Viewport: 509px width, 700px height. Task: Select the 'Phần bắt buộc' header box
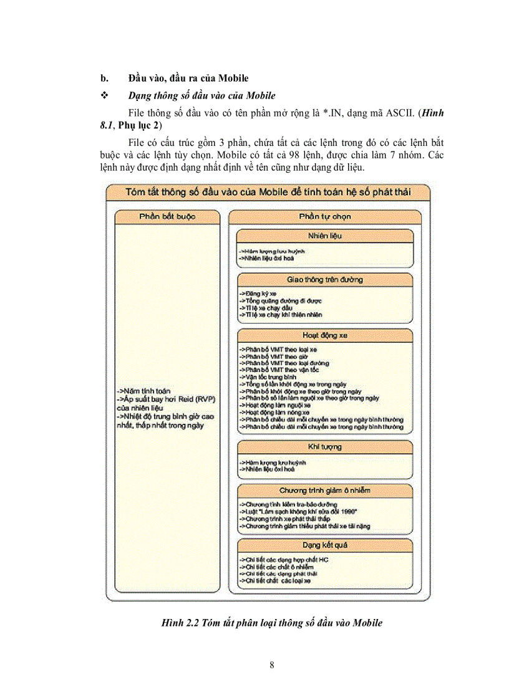167,216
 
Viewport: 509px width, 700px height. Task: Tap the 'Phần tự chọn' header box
324,216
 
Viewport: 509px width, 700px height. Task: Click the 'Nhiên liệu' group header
324,236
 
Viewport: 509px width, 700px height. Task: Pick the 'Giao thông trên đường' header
324,279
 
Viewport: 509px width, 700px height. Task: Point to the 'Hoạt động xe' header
324,335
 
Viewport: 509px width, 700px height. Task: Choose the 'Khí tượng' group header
324,447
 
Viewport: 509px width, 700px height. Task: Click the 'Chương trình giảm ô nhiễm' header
324,490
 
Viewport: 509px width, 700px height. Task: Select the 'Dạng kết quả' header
324,545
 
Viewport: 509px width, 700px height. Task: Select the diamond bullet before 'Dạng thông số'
104,95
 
